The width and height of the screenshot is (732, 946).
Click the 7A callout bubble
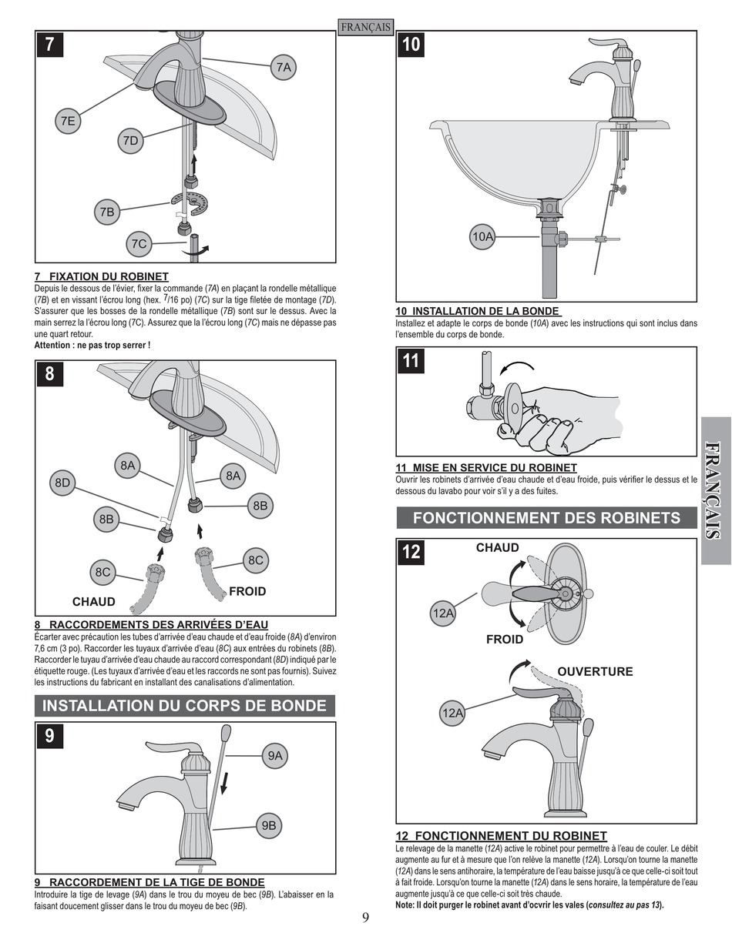[x=284, y=68]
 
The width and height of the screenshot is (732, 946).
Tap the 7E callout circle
[x=68, y=120]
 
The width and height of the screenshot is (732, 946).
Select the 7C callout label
[x=139, y=244]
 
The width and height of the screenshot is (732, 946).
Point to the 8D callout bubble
[x=62, y=483]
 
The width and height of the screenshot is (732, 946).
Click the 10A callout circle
[x=482, y=237]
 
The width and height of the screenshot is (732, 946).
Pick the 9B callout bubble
[x=268, y=826]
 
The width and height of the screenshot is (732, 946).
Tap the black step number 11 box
[x=411, y=360]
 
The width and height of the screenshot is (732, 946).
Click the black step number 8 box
[x=50, y=374]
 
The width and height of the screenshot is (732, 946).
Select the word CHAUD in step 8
[x=93, y=601]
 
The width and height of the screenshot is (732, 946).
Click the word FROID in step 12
[x=504, y=639]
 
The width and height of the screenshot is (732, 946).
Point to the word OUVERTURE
[x=595, y=671]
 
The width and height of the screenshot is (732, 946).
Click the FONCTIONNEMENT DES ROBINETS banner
[x=546, y=518]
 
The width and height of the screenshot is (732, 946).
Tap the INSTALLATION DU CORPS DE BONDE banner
[x=184, y=706]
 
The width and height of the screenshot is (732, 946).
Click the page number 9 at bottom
[x=366, y=917]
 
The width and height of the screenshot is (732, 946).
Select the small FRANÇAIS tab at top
[x=366, y=27]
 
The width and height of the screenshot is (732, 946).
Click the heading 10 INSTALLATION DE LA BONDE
[x=478, y=312]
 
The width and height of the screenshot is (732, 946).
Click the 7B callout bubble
[x=107, y=211]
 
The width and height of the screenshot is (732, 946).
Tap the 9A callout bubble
[x=275, y=756]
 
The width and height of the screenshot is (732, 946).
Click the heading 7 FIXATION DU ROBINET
[x=102, y=276]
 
